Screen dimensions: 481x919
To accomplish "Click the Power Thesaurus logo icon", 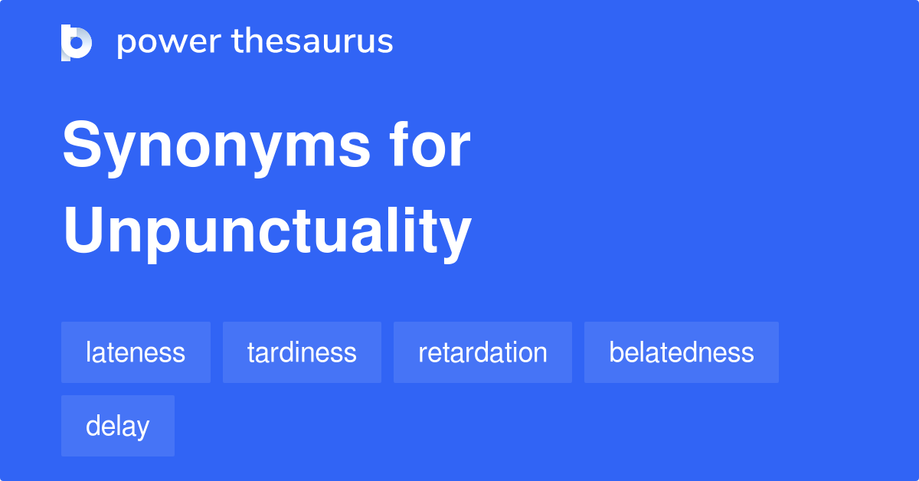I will coord(77,42).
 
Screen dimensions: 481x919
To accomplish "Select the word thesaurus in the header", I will coord(312,42).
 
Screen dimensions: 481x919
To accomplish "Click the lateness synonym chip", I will coord(136,352).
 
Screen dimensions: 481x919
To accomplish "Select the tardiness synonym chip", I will coord(302,352).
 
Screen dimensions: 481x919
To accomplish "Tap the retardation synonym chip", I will coord(482,352).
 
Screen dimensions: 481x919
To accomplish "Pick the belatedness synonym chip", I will coord(682,352).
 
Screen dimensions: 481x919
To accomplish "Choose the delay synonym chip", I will coord(118,426).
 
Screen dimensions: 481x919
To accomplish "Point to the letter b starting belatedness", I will coord(615,352).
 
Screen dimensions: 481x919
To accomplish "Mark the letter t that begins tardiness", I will coord(250,352).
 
